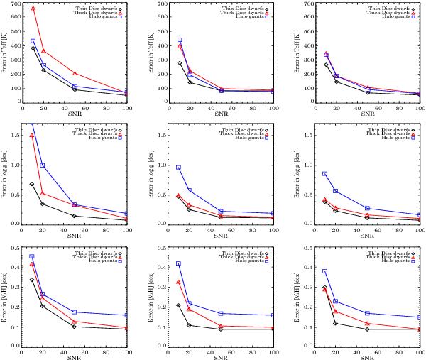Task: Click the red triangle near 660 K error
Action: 33,9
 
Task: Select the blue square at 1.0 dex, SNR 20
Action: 43,165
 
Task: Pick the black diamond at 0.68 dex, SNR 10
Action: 33,184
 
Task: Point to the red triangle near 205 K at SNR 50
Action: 75,74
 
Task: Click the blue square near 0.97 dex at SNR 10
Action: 179,167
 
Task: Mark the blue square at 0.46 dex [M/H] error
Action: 33,256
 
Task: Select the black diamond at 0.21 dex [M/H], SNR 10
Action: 179,305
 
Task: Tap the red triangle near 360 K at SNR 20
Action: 43,51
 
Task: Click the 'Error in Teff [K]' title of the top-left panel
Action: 6,53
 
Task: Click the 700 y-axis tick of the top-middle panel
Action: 163,4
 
